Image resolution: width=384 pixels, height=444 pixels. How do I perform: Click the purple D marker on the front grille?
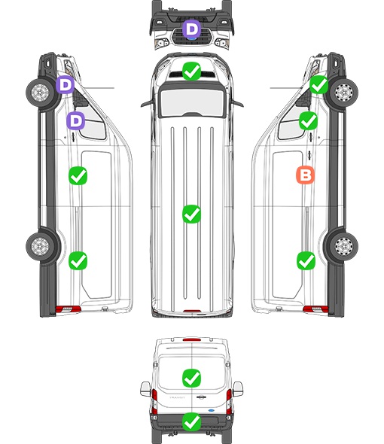(x=191, y=29)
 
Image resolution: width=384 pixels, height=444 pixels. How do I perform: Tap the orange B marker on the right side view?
(x=305, y=175)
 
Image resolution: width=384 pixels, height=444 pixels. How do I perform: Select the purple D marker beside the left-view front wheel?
(x=65, y=85)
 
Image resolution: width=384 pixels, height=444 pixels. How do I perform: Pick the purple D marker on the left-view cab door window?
(x=75, y=121)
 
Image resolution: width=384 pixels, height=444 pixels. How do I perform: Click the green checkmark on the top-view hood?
(x=191, y=71)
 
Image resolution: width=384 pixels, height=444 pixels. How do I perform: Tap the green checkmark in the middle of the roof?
(x=191, y=214)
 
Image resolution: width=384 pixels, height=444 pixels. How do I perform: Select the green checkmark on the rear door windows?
(x=191, y=378)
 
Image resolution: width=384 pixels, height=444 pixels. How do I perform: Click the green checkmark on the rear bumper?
(x=191, y=422)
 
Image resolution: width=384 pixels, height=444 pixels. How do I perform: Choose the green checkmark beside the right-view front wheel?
(x=318, y=85)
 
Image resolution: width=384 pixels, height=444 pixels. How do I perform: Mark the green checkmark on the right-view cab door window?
(x=309, y=121)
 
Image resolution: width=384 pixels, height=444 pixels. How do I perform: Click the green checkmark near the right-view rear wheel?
(x=306, y=261)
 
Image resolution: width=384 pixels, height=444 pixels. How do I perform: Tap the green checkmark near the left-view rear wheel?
(x=78, y=261)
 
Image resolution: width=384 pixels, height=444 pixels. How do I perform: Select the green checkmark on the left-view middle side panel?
(x=78, y=176)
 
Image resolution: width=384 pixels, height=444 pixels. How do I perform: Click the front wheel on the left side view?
(x=40, y=93)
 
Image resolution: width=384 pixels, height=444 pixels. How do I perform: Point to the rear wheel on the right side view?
(x=344, y=246)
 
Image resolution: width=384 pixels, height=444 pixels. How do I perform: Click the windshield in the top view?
(x=192, y=102)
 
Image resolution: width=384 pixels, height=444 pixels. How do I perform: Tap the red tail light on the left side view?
(x=68, y=309)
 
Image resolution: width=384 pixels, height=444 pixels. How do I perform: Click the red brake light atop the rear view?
(x=192, y=339)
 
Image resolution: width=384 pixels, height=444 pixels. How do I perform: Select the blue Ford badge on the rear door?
(x=212, y=410)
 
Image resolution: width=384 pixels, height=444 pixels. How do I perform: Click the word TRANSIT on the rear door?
(x=177, y=397)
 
